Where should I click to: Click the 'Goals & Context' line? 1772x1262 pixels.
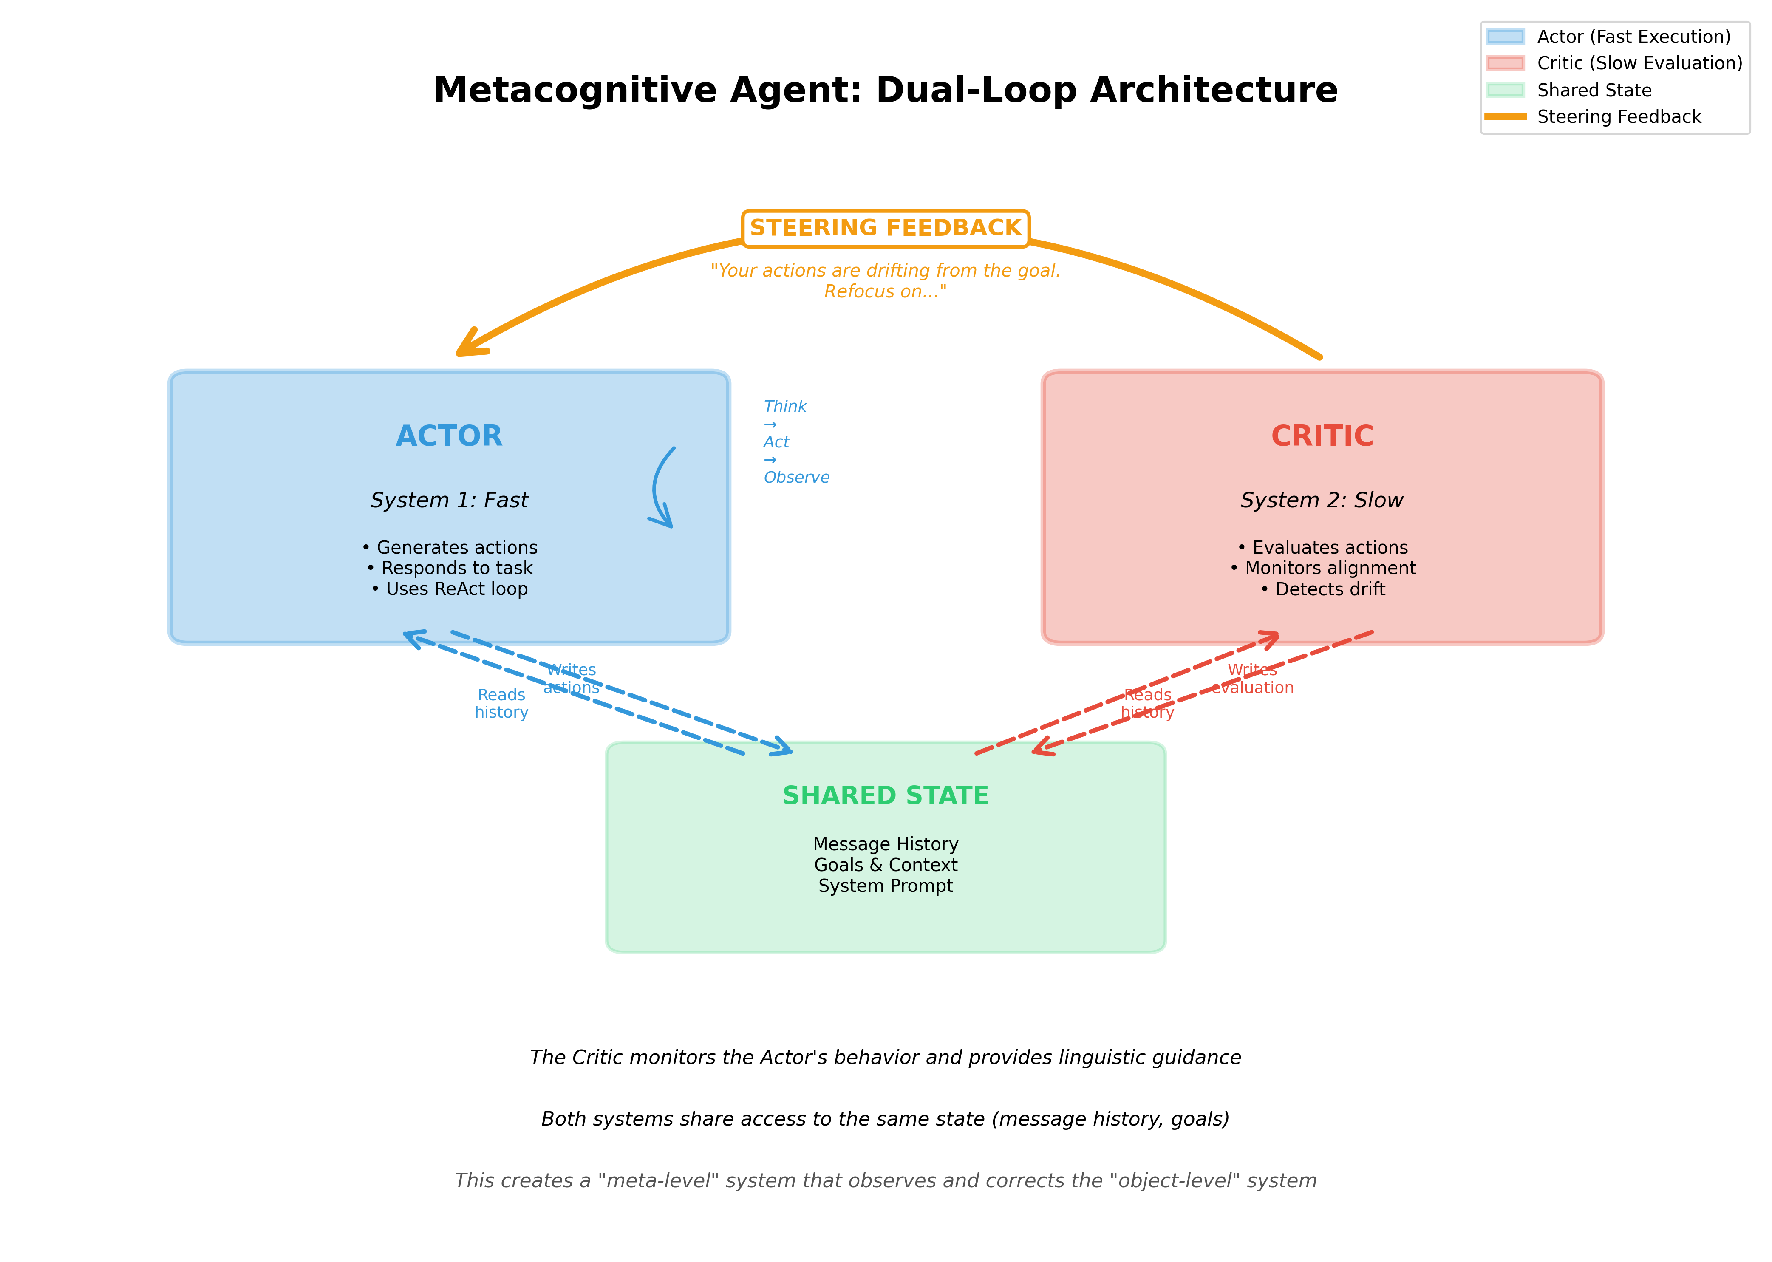(885, 865)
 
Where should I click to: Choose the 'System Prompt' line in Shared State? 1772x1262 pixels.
(885, 886)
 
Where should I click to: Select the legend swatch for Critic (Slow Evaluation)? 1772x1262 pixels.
(1505, 63)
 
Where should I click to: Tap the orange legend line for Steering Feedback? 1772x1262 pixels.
(1505, 116)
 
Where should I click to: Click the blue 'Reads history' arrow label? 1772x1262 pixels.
(501, 703)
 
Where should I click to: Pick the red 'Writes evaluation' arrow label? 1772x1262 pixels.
(1252, 679)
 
